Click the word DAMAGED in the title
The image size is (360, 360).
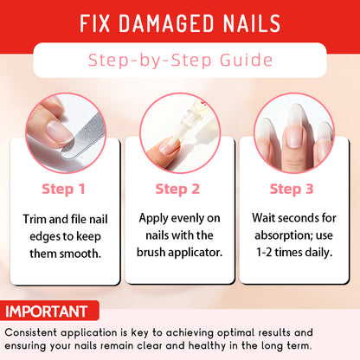point(166,23)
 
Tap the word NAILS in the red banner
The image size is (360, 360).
point(252,23)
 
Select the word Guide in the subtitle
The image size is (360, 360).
point(246,60)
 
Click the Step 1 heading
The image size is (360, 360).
point(63,190)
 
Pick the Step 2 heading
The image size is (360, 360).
point(177,190)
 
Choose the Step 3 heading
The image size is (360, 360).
point(292,190)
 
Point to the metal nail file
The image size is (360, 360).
point(84,136)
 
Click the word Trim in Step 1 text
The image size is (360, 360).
point(35,219)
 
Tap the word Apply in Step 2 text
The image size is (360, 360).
point(153,219)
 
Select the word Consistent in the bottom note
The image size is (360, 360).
point(30,332)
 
